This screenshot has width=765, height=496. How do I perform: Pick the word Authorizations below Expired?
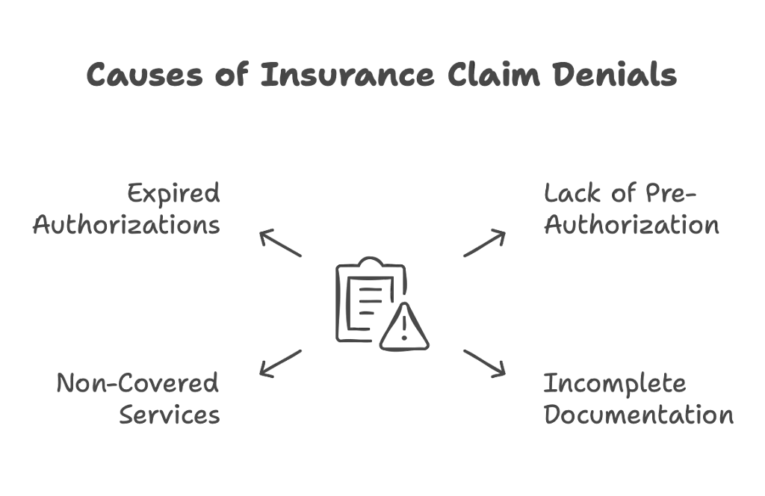[x=126, y=225]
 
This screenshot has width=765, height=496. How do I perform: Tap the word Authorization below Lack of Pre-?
[x=631, y=225]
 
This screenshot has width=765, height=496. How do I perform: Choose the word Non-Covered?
[x=138, y=384]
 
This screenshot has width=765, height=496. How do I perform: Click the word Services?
[x=170, y=415]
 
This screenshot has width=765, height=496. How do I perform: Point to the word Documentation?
[x=638, y=415]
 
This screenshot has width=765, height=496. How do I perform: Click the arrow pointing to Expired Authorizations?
[x=279, y=244]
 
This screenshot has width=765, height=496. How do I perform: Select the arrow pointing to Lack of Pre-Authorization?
[x=485, y=244]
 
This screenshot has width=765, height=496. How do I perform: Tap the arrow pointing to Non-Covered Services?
[x=279, y=362]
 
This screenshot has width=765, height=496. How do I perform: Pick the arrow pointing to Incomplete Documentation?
[x=485, y=362]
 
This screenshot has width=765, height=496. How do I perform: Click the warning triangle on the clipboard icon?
[x=403, y=326]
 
